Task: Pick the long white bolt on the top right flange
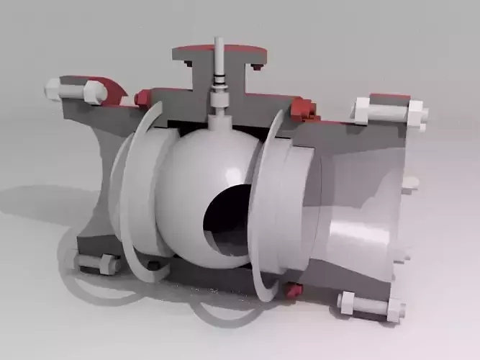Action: (x=389, y=111)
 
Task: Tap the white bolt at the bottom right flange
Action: (x=370, y=306)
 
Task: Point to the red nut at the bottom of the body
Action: (x=293, y=290)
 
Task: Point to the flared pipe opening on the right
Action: (x=360, y=216)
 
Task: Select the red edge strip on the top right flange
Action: (x=389, y=97)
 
